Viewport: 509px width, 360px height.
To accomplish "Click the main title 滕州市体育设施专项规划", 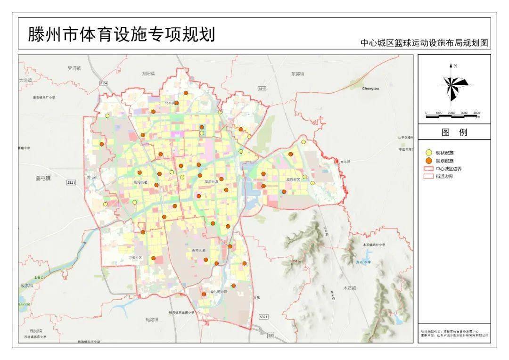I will [122, 34].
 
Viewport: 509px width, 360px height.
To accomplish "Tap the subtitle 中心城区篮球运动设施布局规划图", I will [424, 43].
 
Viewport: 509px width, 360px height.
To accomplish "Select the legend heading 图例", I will [454, 132].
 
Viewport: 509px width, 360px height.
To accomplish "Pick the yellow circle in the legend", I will [428, 153].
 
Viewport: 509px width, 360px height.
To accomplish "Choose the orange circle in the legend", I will [428, 161].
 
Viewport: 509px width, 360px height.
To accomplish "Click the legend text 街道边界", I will [445, 176].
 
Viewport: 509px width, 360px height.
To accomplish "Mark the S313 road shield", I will [262, 89].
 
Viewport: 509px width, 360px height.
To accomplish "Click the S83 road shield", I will [271, 335].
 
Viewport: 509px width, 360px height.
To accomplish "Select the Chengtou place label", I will [370, 88].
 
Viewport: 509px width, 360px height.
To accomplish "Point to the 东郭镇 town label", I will [297, 74].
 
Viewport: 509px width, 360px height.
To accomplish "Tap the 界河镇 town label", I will [74, 68].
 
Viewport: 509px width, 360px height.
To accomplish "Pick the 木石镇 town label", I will [349, 288].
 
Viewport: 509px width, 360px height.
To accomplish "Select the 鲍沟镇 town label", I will [152, 320].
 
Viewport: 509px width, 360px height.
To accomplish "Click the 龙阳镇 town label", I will [148, 74].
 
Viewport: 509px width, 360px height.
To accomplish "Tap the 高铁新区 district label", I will [293, 180].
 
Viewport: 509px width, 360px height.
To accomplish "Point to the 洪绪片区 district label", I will [135, 258].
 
